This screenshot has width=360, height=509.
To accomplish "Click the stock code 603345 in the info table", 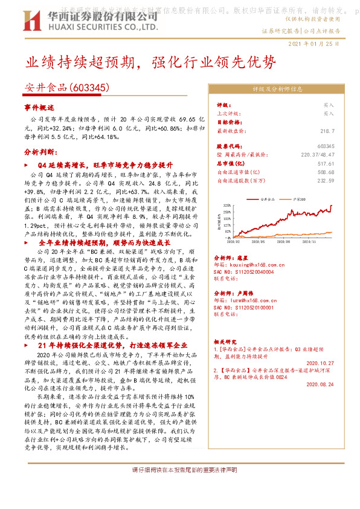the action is pyautogui.click(x=325, y=146).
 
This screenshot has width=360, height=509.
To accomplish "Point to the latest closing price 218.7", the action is pyautogui.click(x=327, y=130).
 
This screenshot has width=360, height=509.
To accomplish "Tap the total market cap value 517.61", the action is pyautogui.click(x=325, y=163).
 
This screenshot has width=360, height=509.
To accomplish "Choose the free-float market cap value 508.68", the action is pyautogui.click(x=325, y=172).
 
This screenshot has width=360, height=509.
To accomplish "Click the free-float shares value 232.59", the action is pyautogui.click(x=325, y=180).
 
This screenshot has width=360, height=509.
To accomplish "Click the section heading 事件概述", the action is pyautogui.click(x=39, y=107).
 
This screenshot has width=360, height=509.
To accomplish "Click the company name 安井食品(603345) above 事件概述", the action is pyautogui.click(x=67, y=88).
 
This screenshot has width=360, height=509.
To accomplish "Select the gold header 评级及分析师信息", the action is pyautogui.click(x=277, y=88).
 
